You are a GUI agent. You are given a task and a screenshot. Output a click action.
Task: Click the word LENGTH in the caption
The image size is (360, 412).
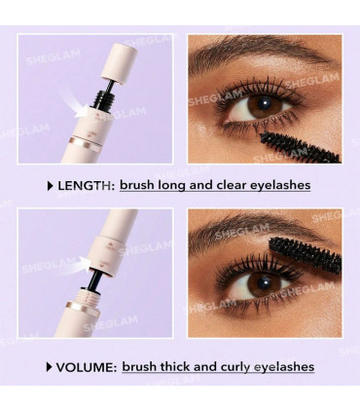pos(85,184)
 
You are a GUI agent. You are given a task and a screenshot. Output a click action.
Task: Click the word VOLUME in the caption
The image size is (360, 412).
pos(86,366)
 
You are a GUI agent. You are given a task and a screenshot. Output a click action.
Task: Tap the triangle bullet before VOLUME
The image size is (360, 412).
pos(49,366)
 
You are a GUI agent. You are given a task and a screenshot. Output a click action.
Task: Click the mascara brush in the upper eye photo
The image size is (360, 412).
pos(310,145)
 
